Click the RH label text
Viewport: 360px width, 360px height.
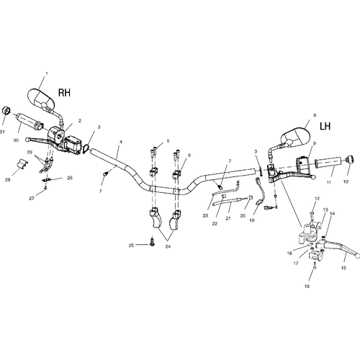coord(64,93)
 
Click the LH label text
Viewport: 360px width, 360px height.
coord(325,126)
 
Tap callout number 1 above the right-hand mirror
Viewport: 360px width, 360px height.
coord(47,73)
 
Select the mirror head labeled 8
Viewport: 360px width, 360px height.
coord(295,137)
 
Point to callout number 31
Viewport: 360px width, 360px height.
coord(2,132)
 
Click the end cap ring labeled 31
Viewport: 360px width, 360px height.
coord(6,111)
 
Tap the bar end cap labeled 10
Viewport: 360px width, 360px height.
coord(349,159)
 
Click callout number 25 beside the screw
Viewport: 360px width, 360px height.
coord(131,246)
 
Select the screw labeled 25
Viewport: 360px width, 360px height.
coord(152,241)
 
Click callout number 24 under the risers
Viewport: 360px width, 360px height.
coord(168,246)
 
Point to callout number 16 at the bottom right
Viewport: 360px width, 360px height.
coord(307,286)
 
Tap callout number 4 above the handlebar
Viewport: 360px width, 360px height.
coord(121,142)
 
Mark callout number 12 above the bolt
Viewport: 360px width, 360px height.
coord(318,199)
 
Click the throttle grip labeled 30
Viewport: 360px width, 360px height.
coord(30,121)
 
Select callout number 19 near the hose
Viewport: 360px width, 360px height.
coord(252,220)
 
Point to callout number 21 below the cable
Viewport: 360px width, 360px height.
coord(228,218)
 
